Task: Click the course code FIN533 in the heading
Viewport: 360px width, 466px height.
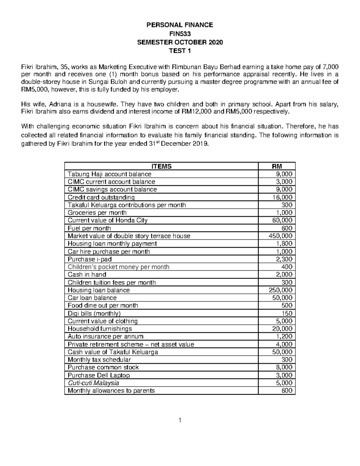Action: (x=180, y=34)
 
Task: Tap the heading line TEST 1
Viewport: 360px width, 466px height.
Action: (x=180, y=51)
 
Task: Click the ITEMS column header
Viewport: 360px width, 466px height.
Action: (x=161, y=166)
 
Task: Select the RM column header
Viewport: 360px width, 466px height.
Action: (x=277, y=166)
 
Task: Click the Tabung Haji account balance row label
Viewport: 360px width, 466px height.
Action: (x=109, y=174)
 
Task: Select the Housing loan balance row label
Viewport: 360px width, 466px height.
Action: (x=99, y=290)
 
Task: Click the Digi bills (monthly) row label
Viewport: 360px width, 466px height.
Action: (x=94, y=313)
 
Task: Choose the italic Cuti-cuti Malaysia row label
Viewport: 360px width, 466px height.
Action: (x=93, y=383)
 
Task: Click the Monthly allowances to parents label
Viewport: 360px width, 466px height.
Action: (x=111, y=391)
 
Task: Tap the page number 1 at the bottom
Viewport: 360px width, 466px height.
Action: (x=180, y=420)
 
